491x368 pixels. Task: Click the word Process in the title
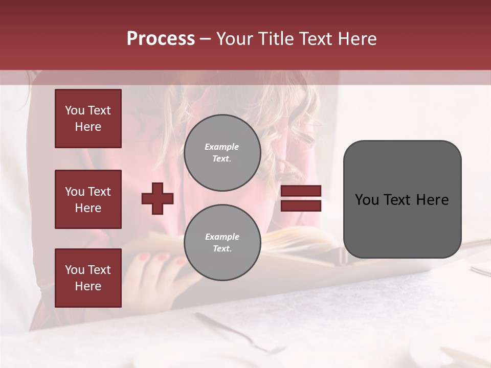pyautogui.click(x=161, y=39)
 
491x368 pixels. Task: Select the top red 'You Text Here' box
pyautogui.click(x=88, y=119)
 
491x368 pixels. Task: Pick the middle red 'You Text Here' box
pyautogui.click(x=88, y=199)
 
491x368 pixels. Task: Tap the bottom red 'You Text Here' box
pyautogui.click(x=88, y=278)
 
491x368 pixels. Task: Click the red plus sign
pyautogui.click(x=158, y=198)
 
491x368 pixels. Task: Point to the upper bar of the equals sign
pyautogui.click(x=301, y=191)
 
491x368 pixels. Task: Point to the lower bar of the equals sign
pyautogui.click(x=301, y=206)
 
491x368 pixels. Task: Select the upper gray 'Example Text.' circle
pyautogui.click(x=222, y=153)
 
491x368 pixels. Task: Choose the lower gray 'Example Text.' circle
pyautogui.click(x=222, y=243)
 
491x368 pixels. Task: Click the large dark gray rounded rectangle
pyautogui.click(x=402, y=199)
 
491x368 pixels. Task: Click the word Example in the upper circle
pyautogui.click(x=222, y=147)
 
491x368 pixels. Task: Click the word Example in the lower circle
pyautogui.click(x=222, y=237)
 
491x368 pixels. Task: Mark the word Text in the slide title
pyautogui.click(x=314, y=39)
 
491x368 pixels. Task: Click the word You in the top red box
pyautogui.click(x=75, y=110)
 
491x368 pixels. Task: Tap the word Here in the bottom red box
pyautogui.click(x=88, y=286)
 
